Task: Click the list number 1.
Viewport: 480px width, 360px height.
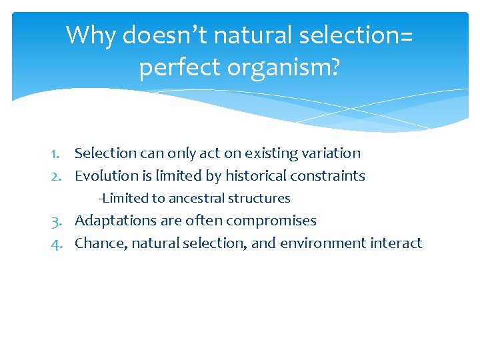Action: [58, 153]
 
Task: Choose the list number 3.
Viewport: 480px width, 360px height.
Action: [57, 221]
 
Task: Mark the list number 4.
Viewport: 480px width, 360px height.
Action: [57, 243]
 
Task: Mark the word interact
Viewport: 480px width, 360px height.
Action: [399, 243]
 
